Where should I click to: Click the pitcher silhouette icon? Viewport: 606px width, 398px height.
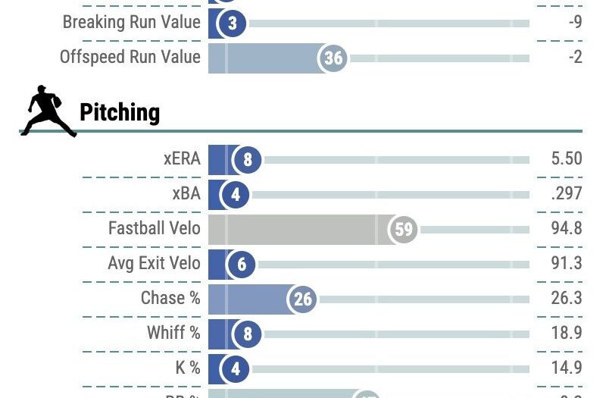47,111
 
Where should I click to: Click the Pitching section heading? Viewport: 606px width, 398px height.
120,113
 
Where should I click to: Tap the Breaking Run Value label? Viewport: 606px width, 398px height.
131,23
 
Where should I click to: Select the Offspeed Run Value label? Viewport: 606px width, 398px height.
130,58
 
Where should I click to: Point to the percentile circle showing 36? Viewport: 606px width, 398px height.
333,58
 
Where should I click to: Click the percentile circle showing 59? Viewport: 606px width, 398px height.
404,229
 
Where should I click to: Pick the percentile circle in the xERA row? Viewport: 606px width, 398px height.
247,160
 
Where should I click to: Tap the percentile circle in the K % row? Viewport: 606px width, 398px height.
235,369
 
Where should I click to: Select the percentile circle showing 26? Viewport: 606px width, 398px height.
303,299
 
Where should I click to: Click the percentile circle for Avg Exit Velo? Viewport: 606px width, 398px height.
242,265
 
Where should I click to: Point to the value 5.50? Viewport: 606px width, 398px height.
567,159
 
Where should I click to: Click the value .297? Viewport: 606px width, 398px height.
567,194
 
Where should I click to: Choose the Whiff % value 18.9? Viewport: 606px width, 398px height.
567,334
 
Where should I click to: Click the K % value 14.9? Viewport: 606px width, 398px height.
567,368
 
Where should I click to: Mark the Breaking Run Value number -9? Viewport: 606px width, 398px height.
575,23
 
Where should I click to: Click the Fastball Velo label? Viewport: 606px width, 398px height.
155,229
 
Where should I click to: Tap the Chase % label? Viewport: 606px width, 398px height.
170,299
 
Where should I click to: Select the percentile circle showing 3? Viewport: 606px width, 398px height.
233,24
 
